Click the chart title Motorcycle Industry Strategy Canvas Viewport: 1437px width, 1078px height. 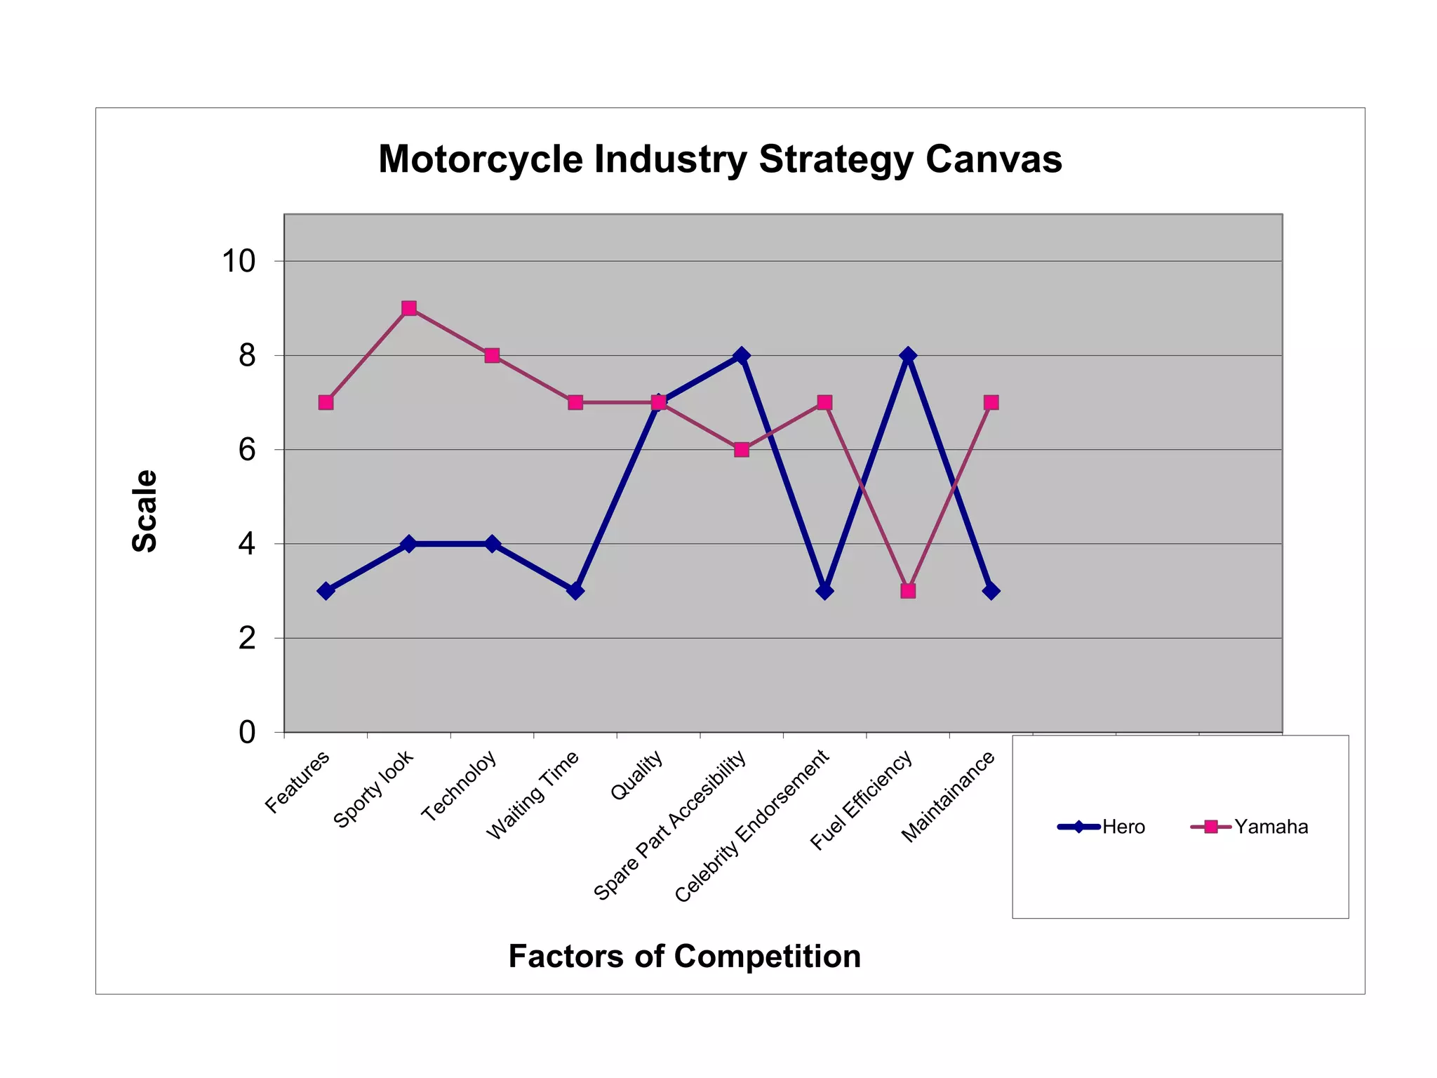[x=720, y=159]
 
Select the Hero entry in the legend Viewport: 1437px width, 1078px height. [x=1123, y=827]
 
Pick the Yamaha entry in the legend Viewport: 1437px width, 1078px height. [x=1271, y=827]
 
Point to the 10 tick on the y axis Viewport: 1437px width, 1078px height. [x=239, y=261]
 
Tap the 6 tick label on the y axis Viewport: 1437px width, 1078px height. [x=247, y=450]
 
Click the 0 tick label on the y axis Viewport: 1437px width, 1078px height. [x=247, y=733]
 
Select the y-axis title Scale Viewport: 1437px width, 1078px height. [x=145, y=511]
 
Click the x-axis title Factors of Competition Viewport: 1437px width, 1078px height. [x=684, y=956]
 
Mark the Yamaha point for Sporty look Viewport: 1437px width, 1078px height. [x=409, y=308]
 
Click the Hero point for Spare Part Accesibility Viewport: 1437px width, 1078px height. [x=742, y=356]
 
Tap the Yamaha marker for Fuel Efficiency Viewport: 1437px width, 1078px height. [x=908, y=591]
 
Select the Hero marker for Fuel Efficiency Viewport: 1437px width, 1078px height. [x=908, y=356]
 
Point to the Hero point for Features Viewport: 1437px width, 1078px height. [x=326, y=591]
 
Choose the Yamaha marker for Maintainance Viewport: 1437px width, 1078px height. [x=991, y=402]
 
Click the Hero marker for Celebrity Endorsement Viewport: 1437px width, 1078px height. [x=825, y=591]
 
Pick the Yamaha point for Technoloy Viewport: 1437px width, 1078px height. [x=492, y=356]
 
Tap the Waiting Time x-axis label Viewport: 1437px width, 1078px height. [x=533, y=794]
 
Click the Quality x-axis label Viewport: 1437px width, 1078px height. [x=637, y=775]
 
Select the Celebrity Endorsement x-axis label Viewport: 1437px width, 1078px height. [x=752, y=826]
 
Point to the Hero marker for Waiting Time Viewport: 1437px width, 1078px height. [x=575, y=591]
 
